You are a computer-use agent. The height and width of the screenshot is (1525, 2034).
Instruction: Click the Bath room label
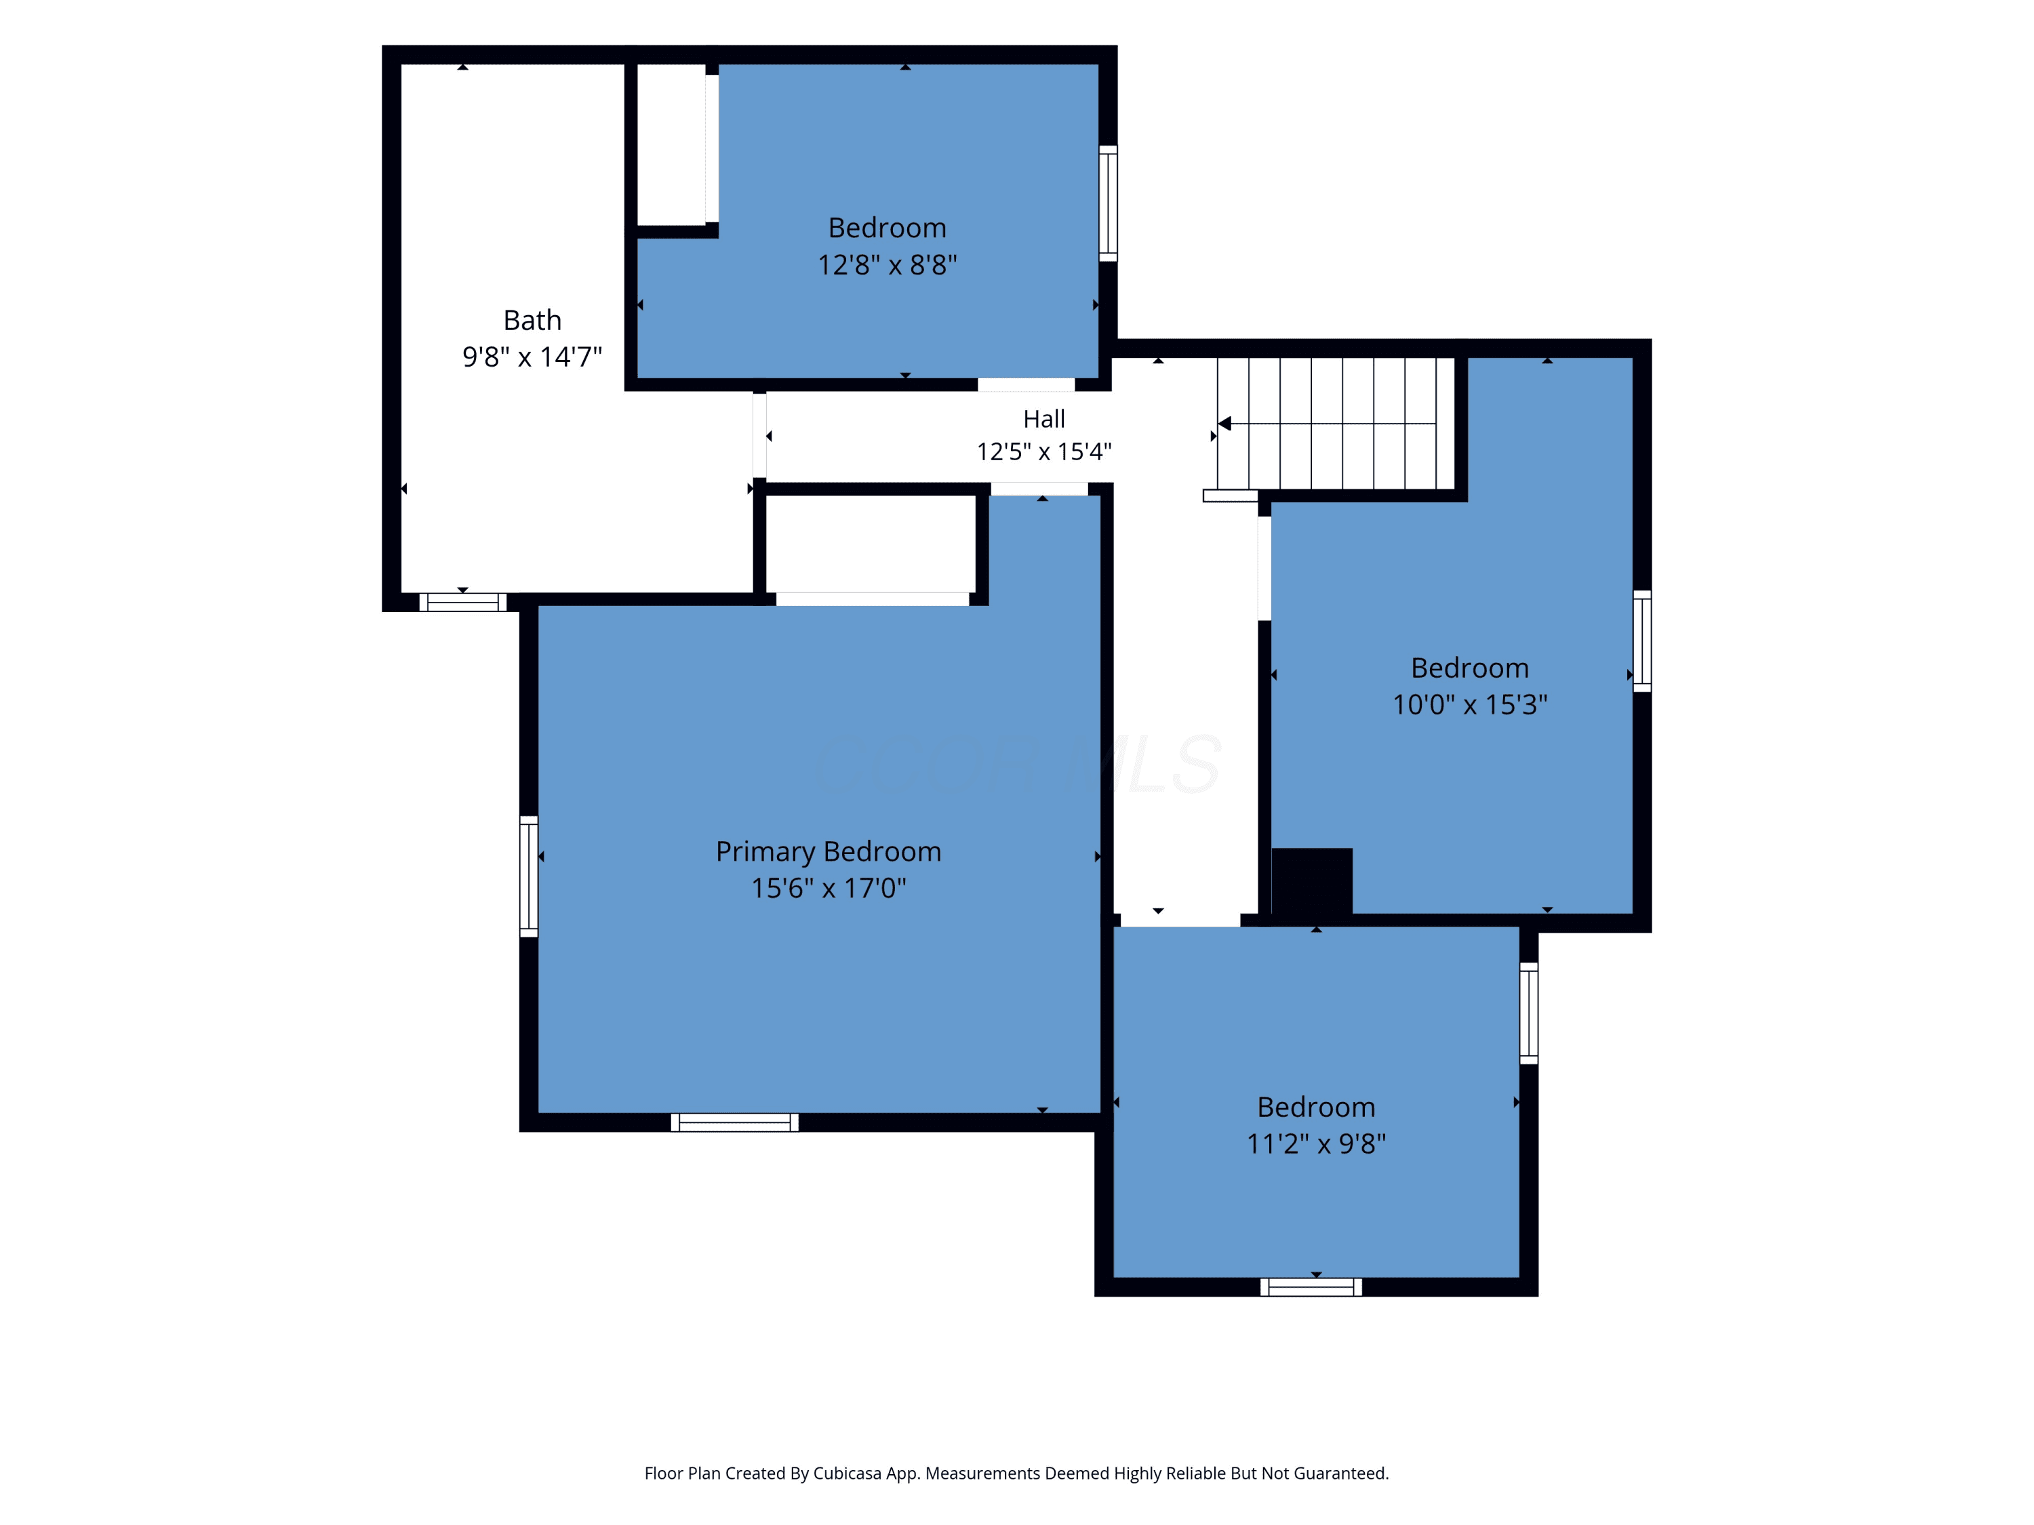(532, 320)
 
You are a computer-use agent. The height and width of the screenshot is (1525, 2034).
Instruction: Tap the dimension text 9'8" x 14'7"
(532, 357)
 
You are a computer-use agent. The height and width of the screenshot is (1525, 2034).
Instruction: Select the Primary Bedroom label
(829, 852)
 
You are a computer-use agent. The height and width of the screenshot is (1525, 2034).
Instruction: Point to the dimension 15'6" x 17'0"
(829, 888)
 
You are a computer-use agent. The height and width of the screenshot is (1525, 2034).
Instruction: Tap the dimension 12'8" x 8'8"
(888, 265)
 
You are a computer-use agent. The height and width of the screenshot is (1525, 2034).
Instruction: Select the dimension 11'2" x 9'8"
(1316, 1143)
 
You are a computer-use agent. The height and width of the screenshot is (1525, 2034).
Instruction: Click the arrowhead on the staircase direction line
(1225, 424)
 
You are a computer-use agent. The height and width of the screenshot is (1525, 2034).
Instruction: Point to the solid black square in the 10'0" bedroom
(1312, 880)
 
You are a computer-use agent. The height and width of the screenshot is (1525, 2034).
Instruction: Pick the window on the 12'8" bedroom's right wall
(1108, 203)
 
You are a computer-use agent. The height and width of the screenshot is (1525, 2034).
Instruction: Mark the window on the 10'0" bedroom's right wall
(1642, 640)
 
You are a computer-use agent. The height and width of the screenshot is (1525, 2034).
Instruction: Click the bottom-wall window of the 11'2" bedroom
(1311, 1287)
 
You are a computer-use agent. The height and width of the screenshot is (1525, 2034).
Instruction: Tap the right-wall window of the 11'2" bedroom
(1528, 1013)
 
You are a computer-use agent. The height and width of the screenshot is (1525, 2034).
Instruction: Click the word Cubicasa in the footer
(847, 1473)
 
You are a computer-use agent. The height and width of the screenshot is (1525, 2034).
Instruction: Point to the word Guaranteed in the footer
(1342, 1473)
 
